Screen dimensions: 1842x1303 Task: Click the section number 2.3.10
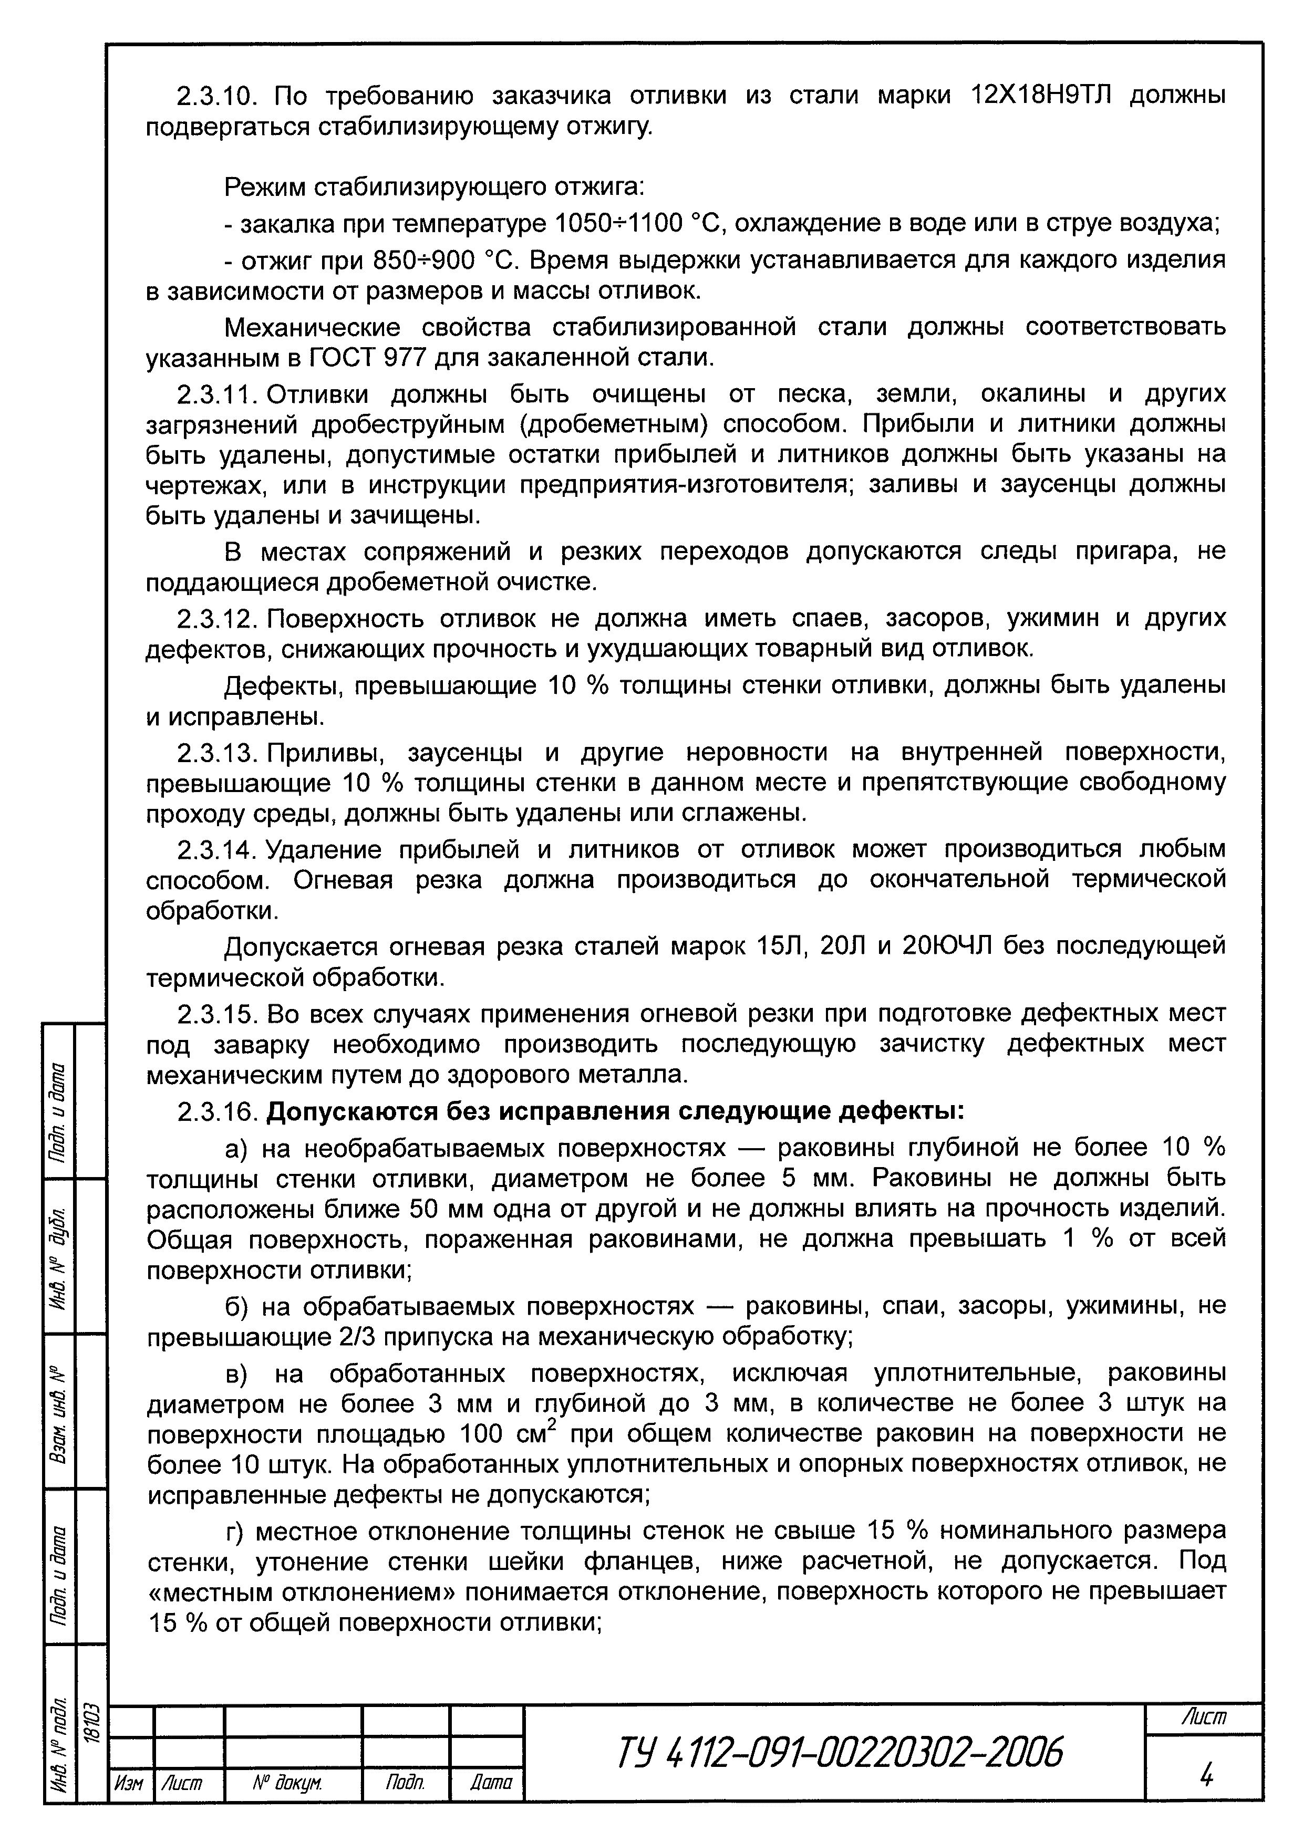[x=215, y=96]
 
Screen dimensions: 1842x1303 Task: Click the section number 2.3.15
[x=215, y=1014]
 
